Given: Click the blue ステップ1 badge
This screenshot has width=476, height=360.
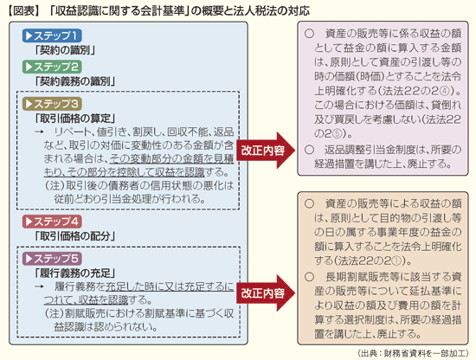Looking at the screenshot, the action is click(52, 35).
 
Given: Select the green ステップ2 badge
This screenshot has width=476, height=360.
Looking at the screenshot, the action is click(52, 67).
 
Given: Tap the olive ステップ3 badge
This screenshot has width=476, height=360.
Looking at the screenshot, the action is click(52, 104).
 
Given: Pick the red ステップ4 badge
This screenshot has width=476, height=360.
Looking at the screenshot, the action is click(52, 222).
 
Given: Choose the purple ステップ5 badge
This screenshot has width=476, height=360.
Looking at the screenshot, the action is click(52, 259).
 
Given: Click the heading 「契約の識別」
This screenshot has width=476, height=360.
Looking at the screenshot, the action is click(65, 50).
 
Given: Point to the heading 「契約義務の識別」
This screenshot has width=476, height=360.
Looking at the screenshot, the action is click(75, 81).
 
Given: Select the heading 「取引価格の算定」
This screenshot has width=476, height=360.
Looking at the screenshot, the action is click(75, 119).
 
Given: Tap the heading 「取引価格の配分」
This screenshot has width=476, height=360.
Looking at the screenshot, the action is click(75, 236).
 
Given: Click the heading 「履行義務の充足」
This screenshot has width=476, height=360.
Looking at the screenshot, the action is click(75, 273).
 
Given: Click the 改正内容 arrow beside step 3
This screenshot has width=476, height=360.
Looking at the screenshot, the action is click(266, 151).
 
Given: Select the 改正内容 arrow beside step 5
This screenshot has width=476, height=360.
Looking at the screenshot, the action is click(266, 292).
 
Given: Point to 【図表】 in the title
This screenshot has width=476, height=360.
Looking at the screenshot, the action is click(23, 11).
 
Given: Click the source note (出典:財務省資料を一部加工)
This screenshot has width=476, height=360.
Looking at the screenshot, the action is click(413, 353).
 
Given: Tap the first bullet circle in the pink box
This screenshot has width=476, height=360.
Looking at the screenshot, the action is click(309, 34).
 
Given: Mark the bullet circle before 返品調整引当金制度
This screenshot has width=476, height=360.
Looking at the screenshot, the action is click(309, 150).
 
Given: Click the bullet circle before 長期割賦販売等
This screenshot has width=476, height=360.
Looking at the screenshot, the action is click(309, 277).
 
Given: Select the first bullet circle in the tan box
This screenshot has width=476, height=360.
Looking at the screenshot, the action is click(309, 203).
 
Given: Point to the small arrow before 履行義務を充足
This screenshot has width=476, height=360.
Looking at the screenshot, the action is click(40, 286).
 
